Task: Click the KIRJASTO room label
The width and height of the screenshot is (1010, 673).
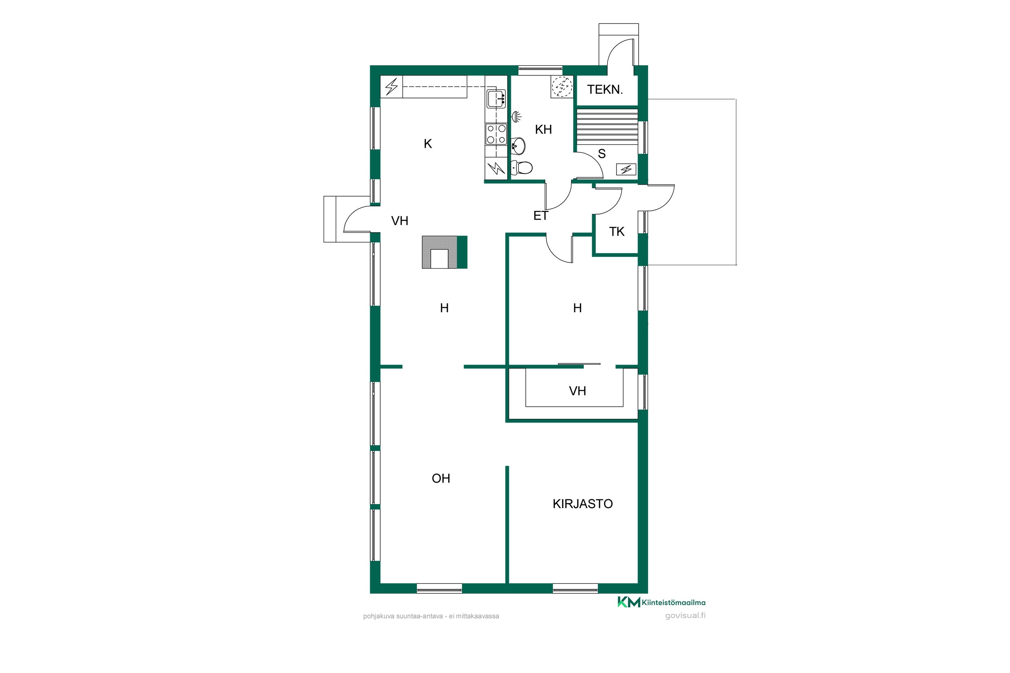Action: click(x=582, y=504)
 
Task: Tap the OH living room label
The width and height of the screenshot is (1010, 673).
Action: click(x=441, y=478)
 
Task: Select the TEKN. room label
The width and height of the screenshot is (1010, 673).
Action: click(x=605, y=90)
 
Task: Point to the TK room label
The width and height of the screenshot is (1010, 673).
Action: click(x=617, y=232)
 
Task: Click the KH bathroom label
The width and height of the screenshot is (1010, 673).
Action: click(x=543, y=129)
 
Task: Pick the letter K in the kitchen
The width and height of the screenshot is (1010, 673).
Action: click(x=428, y=144)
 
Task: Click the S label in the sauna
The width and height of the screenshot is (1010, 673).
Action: click(x=602, y=154)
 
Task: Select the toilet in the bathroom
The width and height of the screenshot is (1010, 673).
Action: click(x=521, y=167)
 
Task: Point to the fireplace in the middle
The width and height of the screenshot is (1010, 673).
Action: click(x=444, y=252)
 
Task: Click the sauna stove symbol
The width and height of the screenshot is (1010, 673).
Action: click(x=626, y=170)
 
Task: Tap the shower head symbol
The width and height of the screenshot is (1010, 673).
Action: click(x=516, y=116)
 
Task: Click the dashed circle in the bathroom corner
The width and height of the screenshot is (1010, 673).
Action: click(x=562, y=87)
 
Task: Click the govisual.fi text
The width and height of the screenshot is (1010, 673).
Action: click(x=685, y=615)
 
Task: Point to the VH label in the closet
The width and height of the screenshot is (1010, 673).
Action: click(x=577, y=391)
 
